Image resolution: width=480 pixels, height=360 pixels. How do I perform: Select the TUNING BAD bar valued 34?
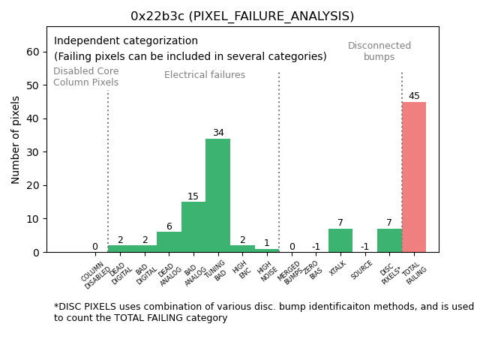(x=217, y=195)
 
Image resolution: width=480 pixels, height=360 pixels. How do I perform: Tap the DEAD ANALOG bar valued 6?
(x=169, y=241)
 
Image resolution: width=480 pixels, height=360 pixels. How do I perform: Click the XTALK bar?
(x=340, y=240)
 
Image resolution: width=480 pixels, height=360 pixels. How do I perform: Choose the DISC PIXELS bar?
(x=389, y=240)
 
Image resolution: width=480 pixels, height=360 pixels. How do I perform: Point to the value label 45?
(x=414, y=96)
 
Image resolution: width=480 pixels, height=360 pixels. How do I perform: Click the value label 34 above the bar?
(x=218, y=133)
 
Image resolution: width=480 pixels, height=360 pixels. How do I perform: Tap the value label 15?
(x=193, y=196)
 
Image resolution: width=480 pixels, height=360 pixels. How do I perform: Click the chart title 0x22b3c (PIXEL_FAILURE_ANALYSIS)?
(x=242, y=16)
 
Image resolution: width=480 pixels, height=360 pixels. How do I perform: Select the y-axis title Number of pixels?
(x=16, y=139)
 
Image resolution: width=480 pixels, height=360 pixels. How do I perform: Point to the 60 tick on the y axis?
(x=34, y=52)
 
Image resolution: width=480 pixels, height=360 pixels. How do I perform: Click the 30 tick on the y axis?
(x=34, y=152)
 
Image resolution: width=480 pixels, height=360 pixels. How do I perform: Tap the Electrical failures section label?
(x=205, y=75)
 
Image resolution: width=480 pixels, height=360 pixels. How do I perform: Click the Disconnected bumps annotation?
(x=379, y=52)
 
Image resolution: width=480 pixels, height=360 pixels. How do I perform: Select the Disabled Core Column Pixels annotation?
(x=85, y=76)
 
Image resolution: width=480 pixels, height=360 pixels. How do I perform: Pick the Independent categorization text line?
(x=126, y=41)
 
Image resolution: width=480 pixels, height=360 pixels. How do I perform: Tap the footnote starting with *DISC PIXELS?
(x=263, y=312)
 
